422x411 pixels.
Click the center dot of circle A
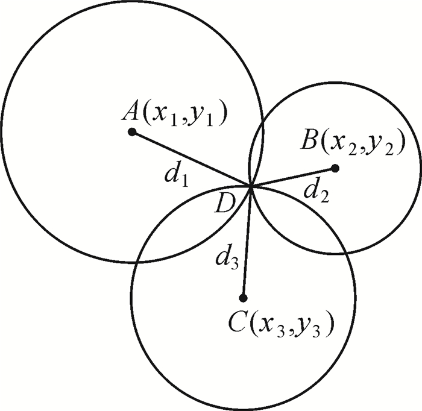131,131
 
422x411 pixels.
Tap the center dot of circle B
335,168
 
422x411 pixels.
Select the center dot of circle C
243,298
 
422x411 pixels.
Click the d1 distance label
177,175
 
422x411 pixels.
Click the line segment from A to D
191,158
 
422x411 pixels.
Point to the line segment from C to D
247,241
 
